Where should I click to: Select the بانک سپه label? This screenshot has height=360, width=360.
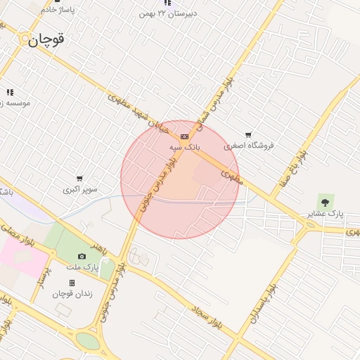click(x=185, y=147)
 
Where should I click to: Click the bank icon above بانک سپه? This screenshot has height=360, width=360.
click(x=184, y=136)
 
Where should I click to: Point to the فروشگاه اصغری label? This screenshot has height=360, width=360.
click(x=248, y=146)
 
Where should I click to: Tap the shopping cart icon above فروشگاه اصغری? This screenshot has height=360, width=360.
click(x=248, y=135)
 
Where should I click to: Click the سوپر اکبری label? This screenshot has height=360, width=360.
click(x=79, y=189)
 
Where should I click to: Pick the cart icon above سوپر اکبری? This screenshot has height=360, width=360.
click(x=79, y=179)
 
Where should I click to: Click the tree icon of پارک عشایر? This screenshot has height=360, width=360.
click(x=324, y=202)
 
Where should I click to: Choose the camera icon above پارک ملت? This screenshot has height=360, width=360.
click(x=82, y=257)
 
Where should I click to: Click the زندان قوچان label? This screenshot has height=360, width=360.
click(x=72, y=293)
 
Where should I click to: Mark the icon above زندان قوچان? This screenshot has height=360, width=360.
click(x=72, y=283)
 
